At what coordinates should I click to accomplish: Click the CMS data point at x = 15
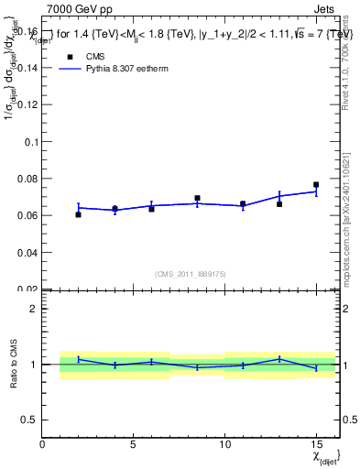pos(316,185)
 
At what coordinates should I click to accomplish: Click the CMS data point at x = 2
pos(79,214)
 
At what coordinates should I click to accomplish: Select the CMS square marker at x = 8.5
pos(197,198)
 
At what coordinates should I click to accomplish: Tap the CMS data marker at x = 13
pos(279,204)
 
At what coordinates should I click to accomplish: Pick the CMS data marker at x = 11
pos(243,204)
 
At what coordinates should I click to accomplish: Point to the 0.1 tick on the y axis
pos(30,142)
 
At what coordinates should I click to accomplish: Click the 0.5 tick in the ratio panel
pos(28,420)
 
